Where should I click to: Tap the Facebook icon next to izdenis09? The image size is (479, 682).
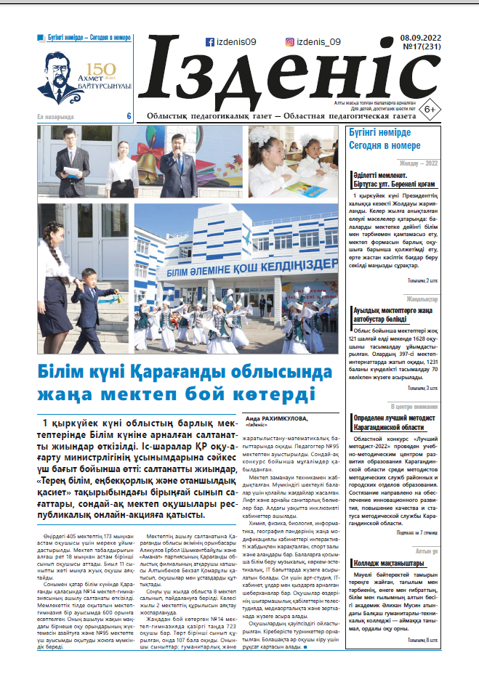coord(209,42)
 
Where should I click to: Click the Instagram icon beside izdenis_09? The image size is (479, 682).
coord(290,42)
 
